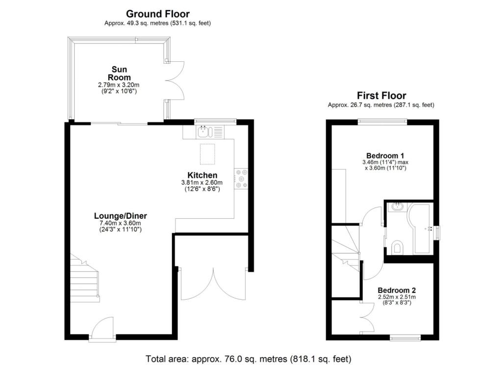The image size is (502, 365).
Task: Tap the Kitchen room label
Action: pyautogui.click(x=202, y=175)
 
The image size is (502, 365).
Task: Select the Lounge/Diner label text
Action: pyautogui.click(x=121, y=215)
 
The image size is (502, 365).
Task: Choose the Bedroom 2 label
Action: pyautogui.click(x=397, y=290)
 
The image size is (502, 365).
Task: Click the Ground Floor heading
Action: pyautogui.click(x=157, y=14)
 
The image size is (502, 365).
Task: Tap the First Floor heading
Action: pyautogui.click(x=381, y=96)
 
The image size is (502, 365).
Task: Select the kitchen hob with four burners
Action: pyautogui.click(x=242, y=179)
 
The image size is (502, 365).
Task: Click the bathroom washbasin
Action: pyautogui.click(x=398, y=208)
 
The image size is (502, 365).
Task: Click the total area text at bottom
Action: pyautogui.click(x=249, y=359)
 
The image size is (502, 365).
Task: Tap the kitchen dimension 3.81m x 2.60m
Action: pyautogui.click(x=202, y=183)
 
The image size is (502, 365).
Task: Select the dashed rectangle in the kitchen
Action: pyautogui.click(x=207, y=154)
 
